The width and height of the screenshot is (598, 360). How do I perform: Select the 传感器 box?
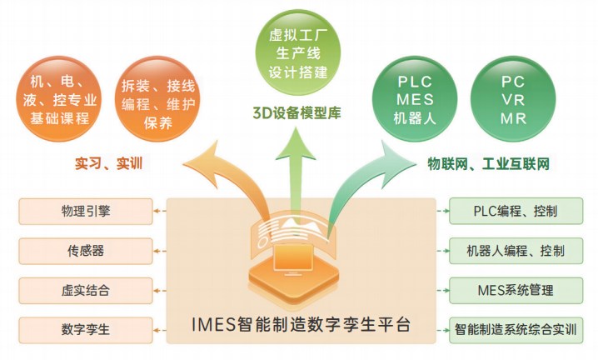click(x=86, y=251)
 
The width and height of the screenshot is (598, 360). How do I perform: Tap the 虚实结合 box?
click(x=86, y=290)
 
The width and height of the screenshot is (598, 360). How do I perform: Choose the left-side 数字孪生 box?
click(x=86, y=328)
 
